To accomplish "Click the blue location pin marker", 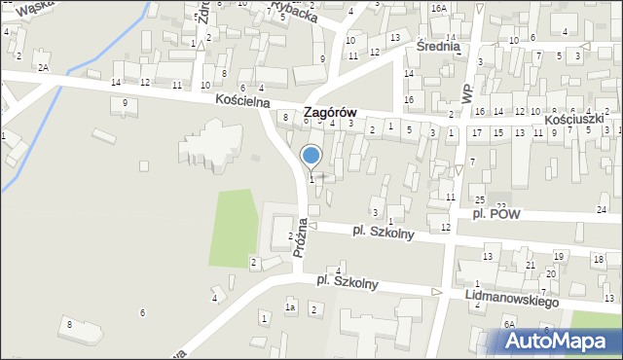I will point(311,156).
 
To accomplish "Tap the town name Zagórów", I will point(330,113).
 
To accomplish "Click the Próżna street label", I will point(302,236).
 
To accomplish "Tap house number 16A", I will point(439,8).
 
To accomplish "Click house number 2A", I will point(43,68).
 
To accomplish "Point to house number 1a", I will point(289,307).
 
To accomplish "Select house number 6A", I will point(508,323).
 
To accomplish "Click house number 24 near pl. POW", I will point(602,210).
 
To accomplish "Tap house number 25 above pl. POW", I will point(479,199).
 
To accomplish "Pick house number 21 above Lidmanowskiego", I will point(531,265).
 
